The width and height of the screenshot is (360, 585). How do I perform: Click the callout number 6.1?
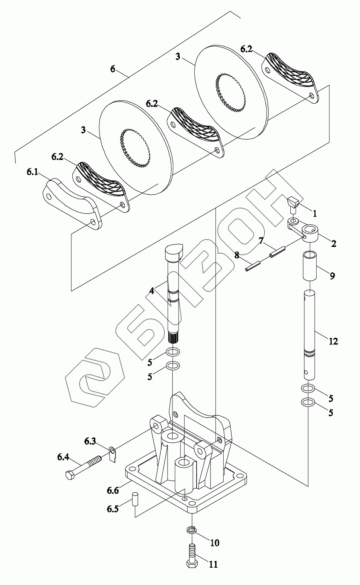(32, 172)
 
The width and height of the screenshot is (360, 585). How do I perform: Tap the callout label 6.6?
(113, 490)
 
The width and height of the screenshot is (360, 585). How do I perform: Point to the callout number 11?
(213, 564)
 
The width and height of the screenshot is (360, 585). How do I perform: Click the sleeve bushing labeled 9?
(310, 265)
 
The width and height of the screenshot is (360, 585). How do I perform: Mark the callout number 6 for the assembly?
(113, 69)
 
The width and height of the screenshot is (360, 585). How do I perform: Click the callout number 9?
(332, 276)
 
